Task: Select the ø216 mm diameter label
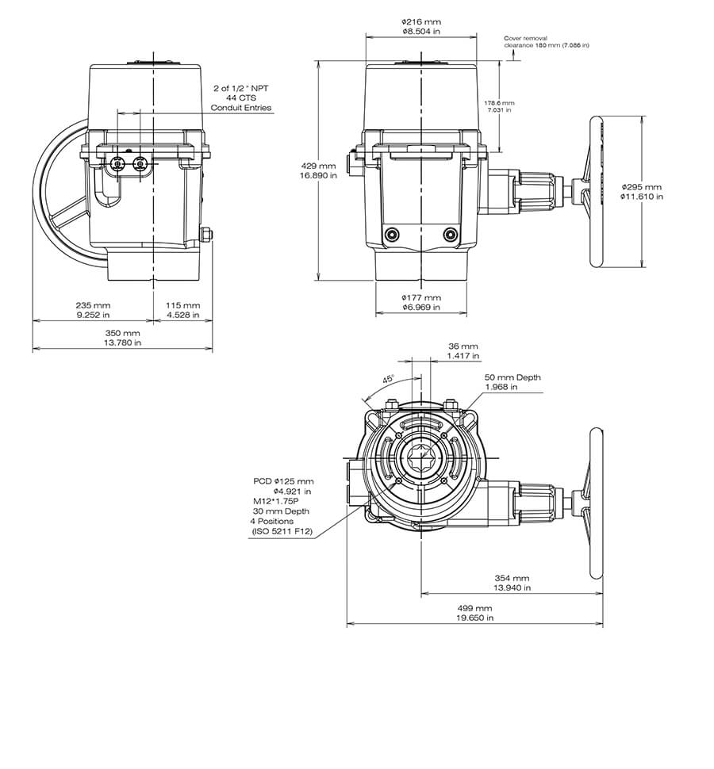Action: [x=420, y=22]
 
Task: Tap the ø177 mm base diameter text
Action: [x=420, y=297]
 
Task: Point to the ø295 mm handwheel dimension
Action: [x=641, y=187]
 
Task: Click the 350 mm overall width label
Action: [x=123, y=333]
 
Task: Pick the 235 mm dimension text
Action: [x=94, y=304]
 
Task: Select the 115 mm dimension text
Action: [x=183, y=304]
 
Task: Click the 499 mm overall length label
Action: [x=474, y=607]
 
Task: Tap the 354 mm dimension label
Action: [x=512, y=579]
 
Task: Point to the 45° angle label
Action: [x=389, y=380]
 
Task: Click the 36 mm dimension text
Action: [x=463, y=346]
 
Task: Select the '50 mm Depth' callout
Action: [x=512, y=377]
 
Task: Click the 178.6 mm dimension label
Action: [x=499, y=103]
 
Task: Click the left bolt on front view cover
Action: [x=390, y=235]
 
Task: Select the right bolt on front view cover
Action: [x=451, y=235]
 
